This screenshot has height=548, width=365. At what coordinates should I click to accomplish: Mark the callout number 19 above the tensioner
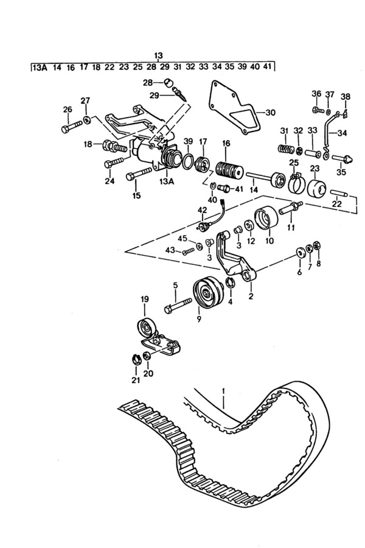(x=144, y=299)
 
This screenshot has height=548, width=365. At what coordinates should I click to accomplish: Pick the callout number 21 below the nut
(x=135, y=381)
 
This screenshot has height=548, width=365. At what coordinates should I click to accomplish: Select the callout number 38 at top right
(x=345, y=96)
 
